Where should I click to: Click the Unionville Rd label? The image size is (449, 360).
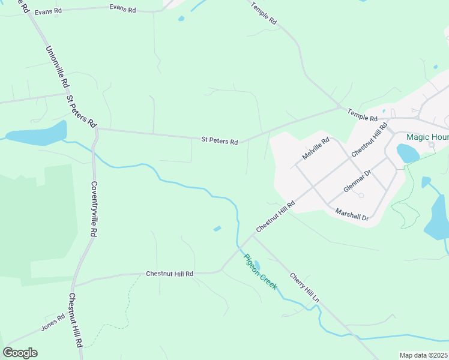point(58,68)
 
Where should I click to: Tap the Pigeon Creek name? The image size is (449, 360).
point(261,271)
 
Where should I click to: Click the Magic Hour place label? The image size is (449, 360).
point(427,137)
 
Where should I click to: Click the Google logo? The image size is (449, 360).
point(20,353)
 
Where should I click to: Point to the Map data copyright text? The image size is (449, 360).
point(424,355)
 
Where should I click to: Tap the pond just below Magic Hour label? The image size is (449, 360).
point(408,154)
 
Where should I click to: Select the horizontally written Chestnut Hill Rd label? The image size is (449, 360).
point(170,274)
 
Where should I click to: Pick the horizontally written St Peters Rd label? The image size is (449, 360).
point(219,141)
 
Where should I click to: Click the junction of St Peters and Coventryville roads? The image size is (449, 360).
point(97,128)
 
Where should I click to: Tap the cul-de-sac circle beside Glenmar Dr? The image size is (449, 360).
point(360,195)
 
